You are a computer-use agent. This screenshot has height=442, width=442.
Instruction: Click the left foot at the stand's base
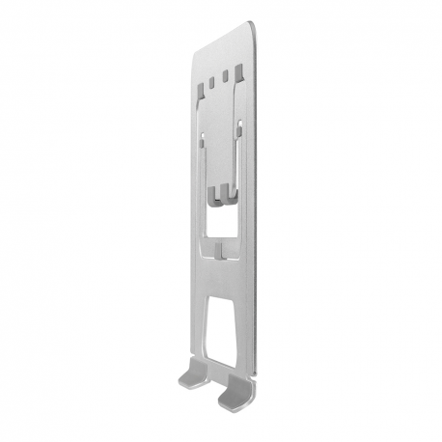pyautogui.click(x=194, y=373)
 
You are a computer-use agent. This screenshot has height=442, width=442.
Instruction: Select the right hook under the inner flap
pyautogui.click(x=232, y=190)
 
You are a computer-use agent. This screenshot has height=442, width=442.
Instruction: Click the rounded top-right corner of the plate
pyautogui.click(x=252, y=26)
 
